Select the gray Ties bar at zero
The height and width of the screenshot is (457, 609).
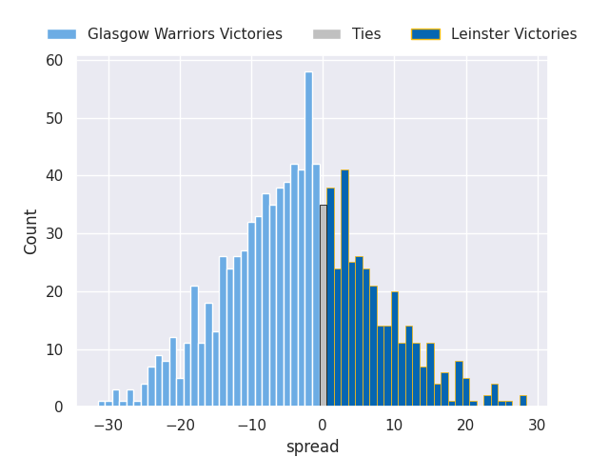323,306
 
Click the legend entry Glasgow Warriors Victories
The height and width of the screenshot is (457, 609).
185,34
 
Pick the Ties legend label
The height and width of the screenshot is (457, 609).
366,34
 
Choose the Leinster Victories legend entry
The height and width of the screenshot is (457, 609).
514,34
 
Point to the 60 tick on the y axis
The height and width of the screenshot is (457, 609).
54,61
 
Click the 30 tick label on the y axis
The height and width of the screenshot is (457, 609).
54,234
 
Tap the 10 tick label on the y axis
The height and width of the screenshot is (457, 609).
54,349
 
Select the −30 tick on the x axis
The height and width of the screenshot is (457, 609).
108,426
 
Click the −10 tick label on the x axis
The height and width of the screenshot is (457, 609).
251,426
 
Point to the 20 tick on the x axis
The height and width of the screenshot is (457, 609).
466,426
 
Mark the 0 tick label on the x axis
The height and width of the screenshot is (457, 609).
323,426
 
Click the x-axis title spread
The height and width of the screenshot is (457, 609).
312,447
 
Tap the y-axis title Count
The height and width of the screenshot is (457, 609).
31,231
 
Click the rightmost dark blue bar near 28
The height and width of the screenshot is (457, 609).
522,401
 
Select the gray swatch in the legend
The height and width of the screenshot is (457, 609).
326,34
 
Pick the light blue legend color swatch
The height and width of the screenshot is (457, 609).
62,34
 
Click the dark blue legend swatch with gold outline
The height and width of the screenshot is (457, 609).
425,34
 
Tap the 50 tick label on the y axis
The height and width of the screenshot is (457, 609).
54,119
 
